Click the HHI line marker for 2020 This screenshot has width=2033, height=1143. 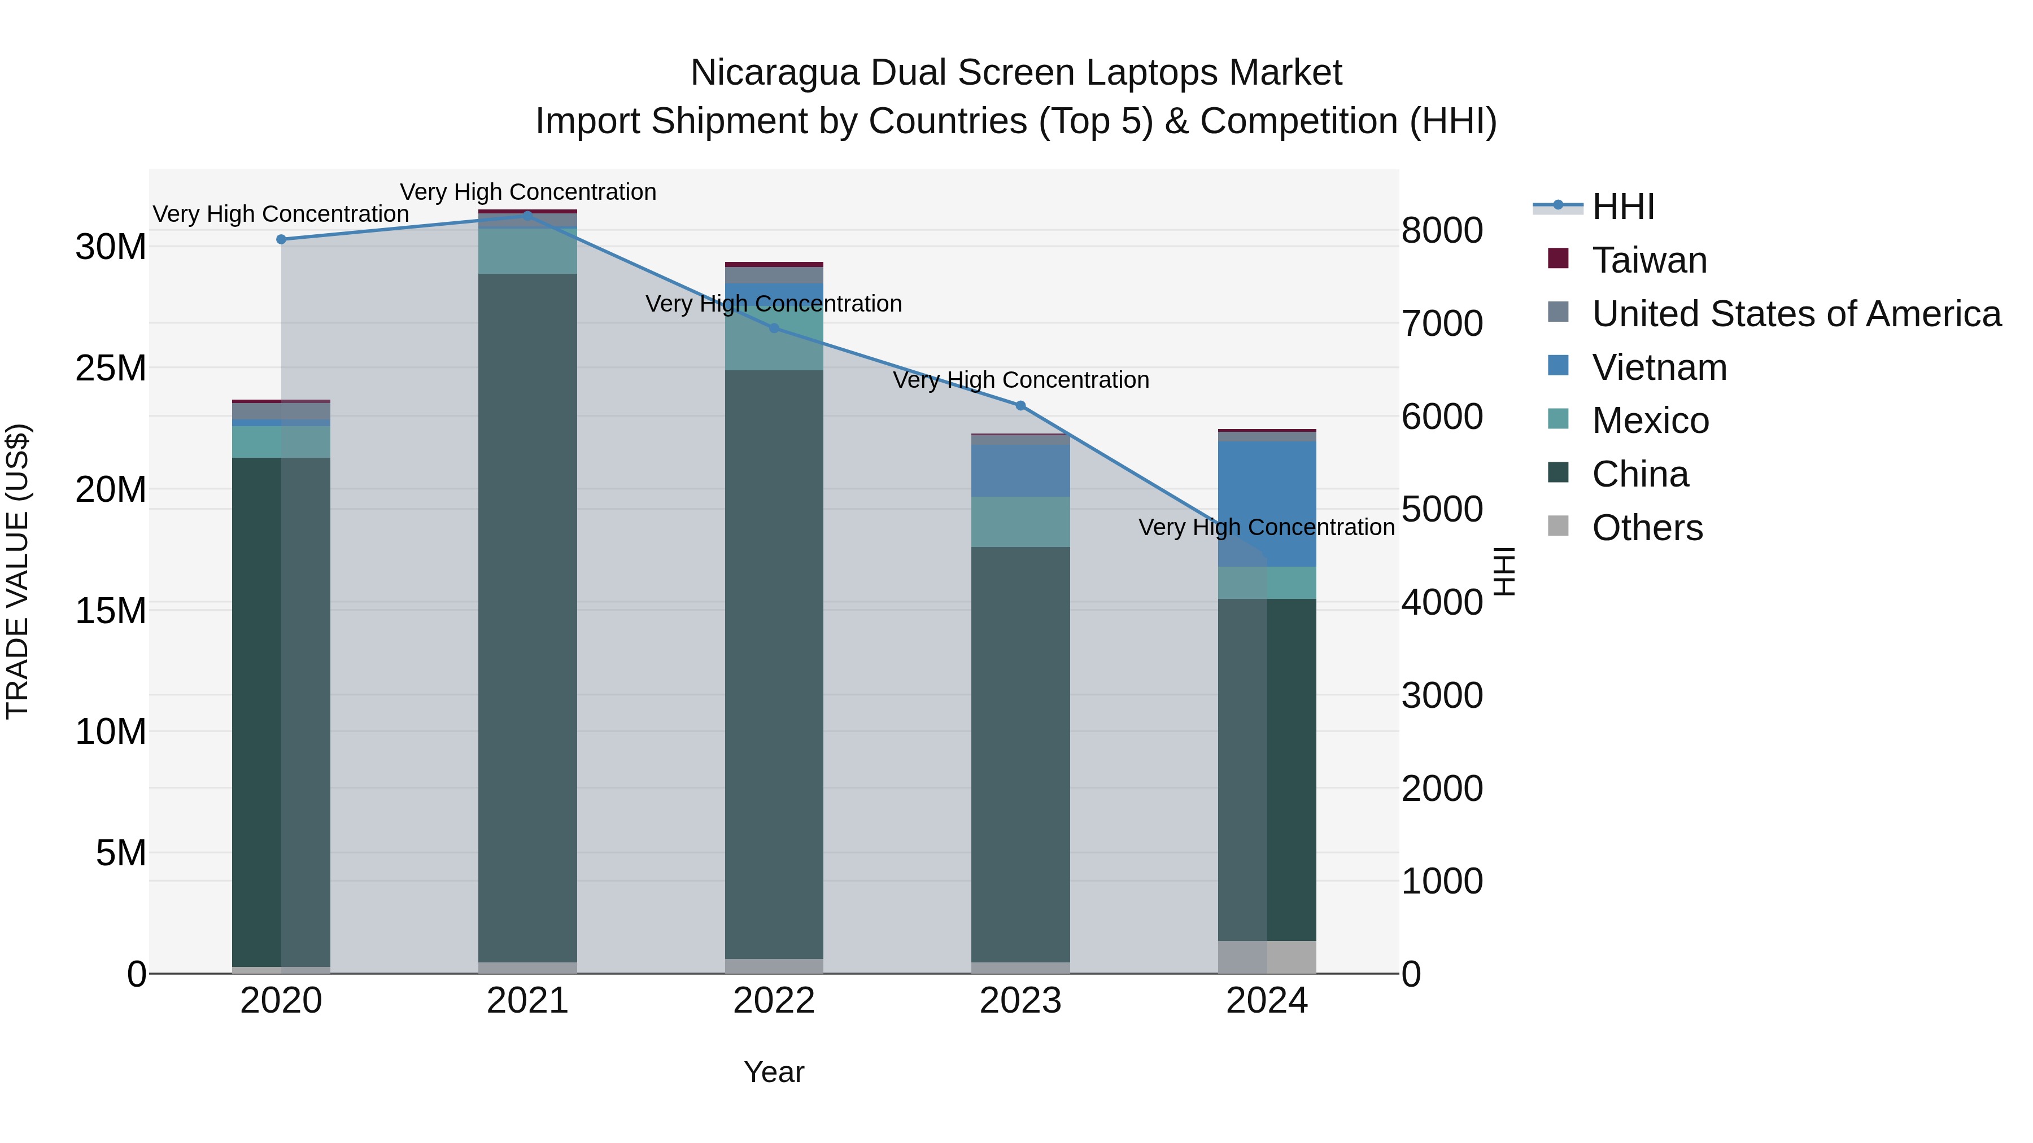click(x=281, y=239)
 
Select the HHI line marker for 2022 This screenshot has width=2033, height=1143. click(x=774, y=328)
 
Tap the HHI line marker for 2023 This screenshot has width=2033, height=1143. click(x=1020, y=405)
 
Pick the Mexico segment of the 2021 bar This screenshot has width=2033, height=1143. click(x=527, y=251)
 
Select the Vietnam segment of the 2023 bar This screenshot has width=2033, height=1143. click(x=1020, y=471)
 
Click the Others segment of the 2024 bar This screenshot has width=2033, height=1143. click(x=1267, y=956)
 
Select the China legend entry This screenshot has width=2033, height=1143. click(x=1639, y=474)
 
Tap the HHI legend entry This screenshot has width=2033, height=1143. click(x=1622, y=207)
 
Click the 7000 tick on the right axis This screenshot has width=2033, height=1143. click(x=1442, y=323)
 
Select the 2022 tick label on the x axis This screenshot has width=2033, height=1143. click(x=774, y=1001)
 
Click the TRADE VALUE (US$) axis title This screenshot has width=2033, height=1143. click(x=18, y=571)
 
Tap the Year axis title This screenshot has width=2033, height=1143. click(x=774, y=1072)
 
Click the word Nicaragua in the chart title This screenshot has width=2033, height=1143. click(x=774, y=73)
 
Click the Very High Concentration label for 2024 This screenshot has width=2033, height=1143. click(x=1266, y=527)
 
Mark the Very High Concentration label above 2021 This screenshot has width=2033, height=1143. click(x=527, y=192)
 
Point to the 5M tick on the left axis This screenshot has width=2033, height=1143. click(x=121, y=853)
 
